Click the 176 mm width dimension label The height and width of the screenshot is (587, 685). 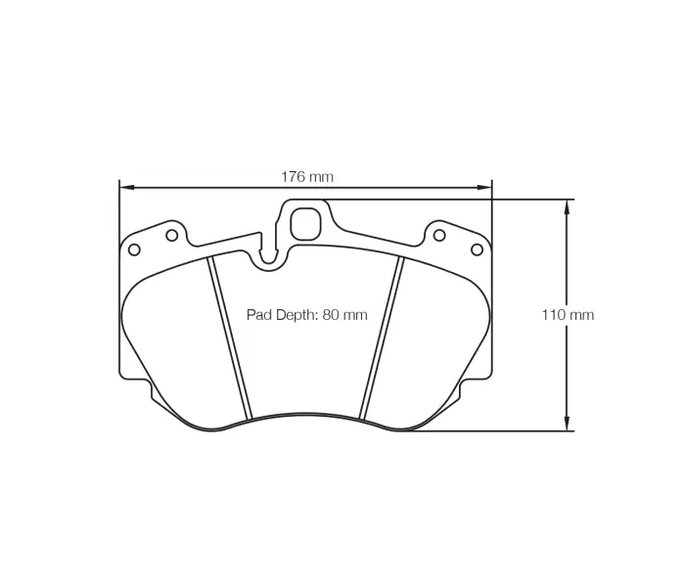tap(307, 177)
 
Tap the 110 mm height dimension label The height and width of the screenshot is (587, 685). tap(568, 315)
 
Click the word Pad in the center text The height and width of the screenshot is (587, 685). tap(258, 315)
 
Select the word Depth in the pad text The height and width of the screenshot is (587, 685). tap(297, 315)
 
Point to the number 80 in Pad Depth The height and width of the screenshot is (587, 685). tap(331, 315)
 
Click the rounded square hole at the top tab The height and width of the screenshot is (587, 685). tap(306, 223)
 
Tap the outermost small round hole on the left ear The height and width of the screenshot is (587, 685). tap(134, 248)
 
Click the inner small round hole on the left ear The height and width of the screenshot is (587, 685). tap(171, 235)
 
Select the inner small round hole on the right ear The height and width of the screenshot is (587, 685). tap(439, 235)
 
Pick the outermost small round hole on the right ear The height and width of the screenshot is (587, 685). tap(477, 248)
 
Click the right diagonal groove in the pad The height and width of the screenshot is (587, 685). tap(382, 338)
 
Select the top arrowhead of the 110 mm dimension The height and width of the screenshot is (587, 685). tap(567, 206)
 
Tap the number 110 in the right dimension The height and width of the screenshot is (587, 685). tap(555, 315)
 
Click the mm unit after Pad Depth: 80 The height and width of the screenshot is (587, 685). tap(354, 315)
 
